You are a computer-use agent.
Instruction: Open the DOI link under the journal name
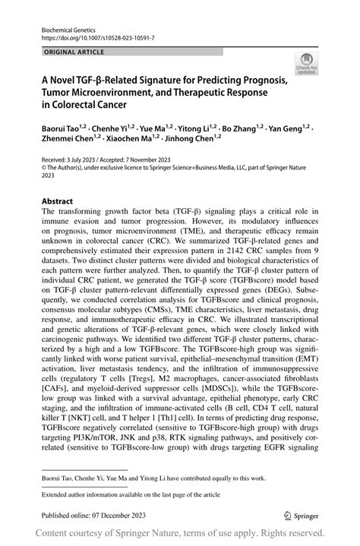pos(90,36)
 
